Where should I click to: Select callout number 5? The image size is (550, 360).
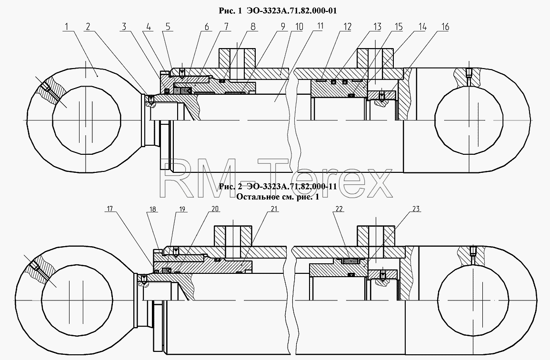(168, 27)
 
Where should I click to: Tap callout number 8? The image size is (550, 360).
(253, 27)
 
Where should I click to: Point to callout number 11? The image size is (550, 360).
(320, 26)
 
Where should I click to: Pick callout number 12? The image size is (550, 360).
(347, 27)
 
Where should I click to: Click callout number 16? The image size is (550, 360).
(444, 27)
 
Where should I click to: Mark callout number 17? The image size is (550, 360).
(110, 209)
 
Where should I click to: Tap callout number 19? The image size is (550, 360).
(182, 210)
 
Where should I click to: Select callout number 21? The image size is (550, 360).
(274, 209)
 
